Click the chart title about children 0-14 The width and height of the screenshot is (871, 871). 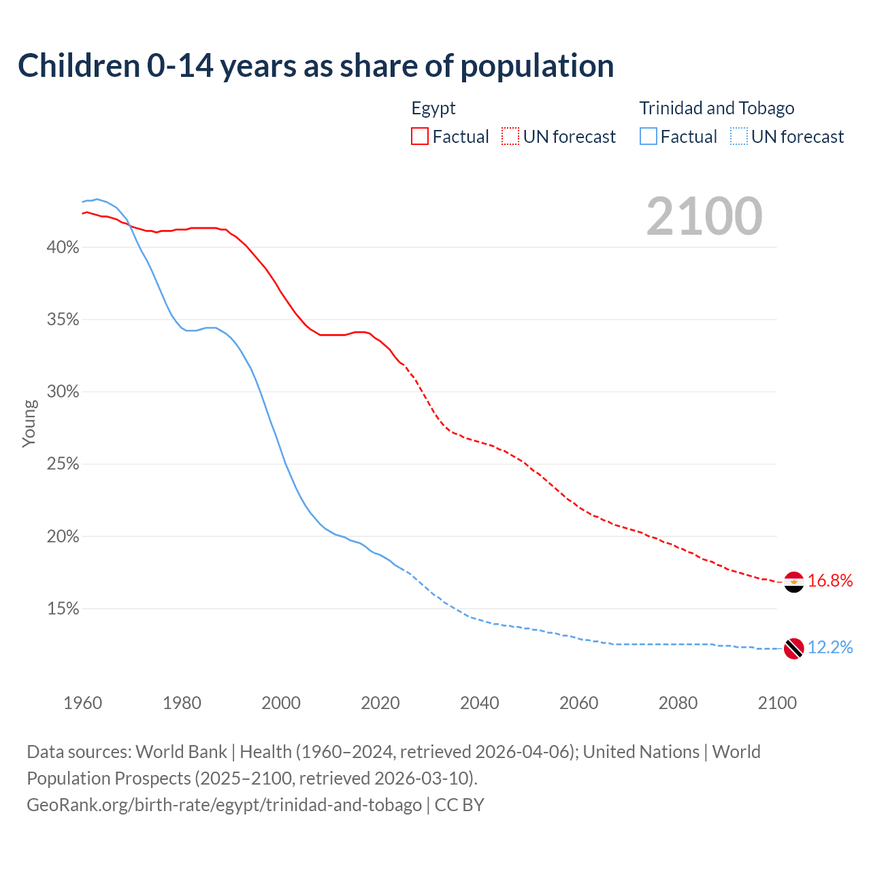click(316, 66)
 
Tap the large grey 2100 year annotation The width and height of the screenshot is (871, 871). click(704, 216)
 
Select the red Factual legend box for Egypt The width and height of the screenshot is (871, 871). click(420, 136)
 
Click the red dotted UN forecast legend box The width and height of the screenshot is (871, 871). click(510, 136)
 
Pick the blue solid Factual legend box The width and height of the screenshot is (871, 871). click(648, 136)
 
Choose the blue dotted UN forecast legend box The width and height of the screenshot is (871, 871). click(738, 136)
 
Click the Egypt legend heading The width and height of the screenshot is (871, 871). click(433, 108)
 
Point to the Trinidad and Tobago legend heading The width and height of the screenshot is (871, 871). click(717, 108)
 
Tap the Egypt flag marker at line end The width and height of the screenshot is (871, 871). click(793, 582)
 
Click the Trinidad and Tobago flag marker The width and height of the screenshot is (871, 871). click(793, 648)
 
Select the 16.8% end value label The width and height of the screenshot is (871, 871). click(830, 580)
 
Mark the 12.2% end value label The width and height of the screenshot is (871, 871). click(830, 647)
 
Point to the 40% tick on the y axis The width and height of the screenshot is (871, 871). click(63, 248)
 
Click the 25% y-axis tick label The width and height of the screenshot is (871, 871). click(63, 465)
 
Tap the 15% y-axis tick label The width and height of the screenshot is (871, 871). click(63, 609)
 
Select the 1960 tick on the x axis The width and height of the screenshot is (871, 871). click(83, 703)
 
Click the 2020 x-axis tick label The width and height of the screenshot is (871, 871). click(380, 703)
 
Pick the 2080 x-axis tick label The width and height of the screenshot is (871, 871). click(678, 703)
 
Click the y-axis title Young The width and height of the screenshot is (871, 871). click(29, 423)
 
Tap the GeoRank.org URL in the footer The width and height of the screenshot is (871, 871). click(224, 805)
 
